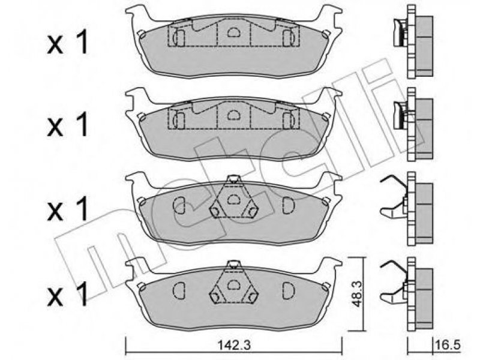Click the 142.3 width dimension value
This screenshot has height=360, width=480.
point(234,346)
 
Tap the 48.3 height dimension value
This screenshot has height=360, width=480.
point(356,295)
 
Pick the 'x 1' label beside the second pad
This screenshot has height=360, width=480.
point(68,124)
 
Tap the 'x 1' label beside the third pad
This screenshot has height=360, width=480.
point(68,209)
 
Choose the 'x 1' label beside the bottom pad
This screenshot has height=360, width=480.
point(68,294)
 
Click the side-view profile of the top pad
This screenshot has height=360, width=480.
point(413,42)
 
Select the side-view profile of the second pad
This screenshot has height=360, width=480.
point(413,124)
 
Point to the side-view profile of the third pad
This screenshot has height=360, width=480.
point(407,208)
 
